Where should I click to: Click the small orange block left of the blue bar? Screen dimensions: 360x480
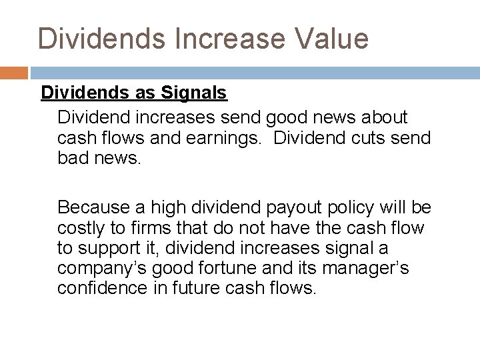tap(13, 72)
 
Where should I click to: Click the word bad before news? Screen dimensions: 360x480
tap(71, 158)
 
